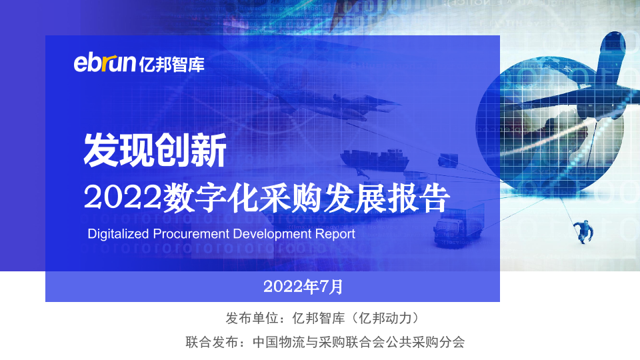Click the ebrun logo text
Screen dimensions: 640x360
[105, 63]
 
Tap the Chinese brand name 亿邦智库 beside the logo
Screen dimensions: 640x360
[172, 65]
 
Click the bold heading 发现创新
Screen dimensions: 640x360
[155, 150]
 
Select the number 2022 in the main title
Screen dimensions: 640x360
[123, 197]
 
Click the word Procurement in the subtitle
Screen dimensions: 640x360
[191, 234]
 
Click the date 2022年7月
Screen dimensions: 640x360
[303, 287]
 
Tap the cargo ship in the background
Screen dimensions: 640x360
[374, 159]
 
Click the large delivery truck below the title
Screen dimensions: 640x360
[458, 226]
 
